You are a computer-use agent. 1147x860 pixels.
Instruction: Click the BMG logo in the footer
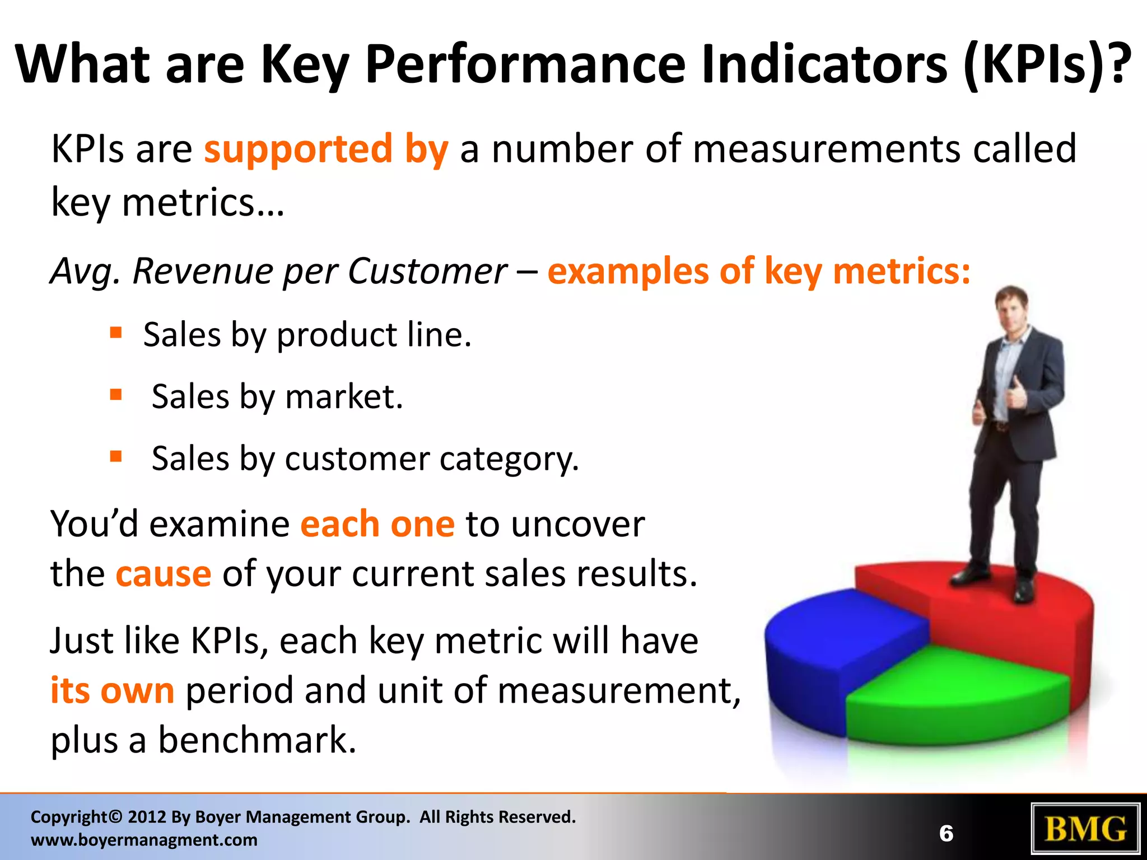click(x=1085, y=829)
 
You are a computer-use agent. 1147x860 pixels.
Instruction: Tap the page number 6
click(x=946, y=834)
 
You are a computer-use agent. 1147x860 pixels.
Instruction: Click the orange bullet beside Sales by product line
click(x=116, y=333)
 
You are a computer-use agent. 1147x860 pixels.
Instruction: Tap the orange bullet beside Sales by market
click(x=116, y=395)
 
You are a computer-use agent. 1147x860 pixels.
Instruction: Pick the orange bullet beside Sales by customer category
click(x=116, y=457)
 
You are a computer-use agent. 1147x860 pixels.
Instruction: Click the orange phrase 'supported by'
click(x=326, y=149)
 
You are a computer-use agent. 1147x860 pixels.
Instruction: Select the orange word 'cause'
click(x=163, y=574)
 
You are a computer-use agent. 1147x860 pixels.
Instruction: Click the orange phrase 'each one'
click(x=377, y=525)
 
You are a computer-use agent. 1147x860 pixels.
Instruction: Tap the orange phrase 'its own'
click(x=112, y=690)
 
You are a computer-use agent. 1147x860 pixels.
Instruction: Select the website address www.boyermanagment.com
click(x=144, y=840)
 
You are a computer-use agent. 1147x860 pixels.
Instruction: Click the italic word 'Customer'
click(x=427, y=272)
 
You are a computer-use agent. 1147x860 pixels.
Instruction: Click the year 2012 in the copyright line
click(x=146, y=817)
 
